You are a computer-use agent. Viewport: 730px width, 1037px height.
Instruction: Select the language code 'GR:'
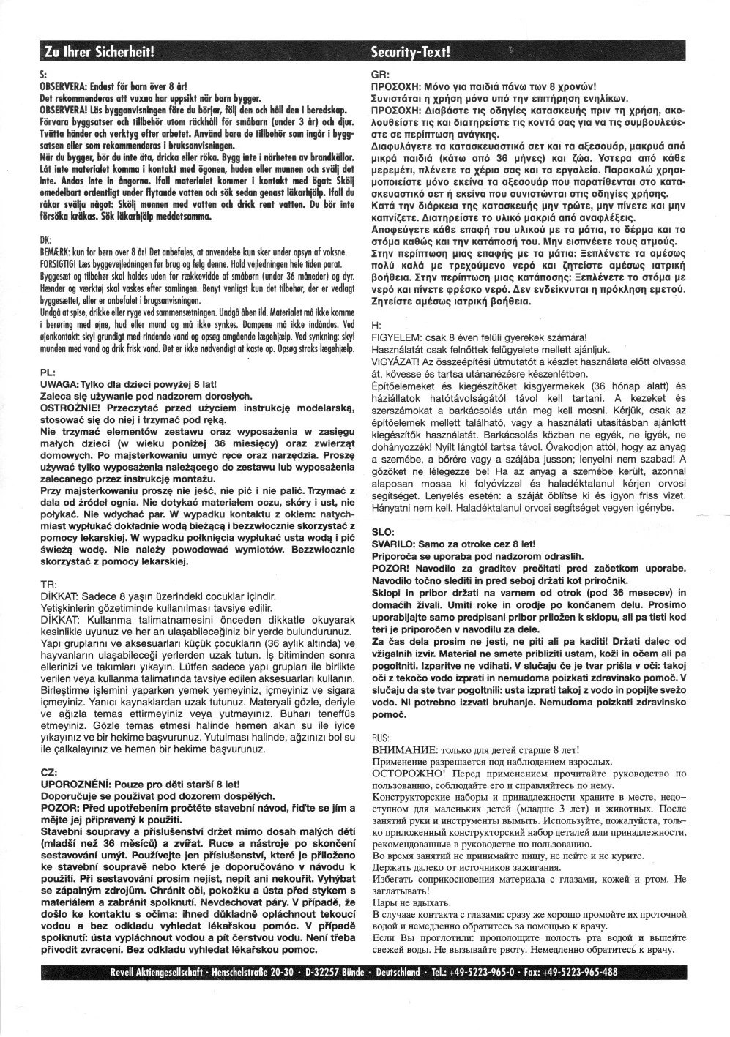pos(380,75)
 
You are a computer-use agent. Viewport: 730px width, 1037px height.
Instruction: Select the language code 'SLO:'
pos(384,532)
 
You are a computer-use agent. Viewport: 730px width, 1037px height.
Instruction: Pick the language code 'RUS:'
pos(381,738)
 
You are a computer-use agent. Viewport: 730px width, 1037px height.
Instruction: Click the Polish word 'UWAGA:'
pos(64,384)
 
